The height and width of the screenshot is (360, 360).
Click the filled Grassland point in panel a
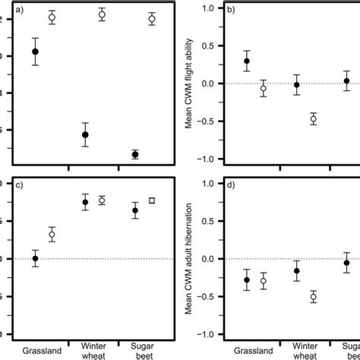coord(35,52)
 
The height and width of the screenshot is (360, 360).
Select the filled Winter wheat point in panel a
coord(85,134)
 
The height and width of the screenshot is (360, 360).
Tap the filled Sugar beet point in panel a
coord(135,154)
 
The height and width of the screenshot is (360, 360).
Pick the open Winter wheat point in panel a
coord(102,14)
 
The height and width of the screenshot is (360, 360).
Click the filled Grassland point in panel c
coord(35,259)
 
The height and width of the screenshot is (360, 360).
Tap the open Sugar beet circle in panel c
coord(152,201)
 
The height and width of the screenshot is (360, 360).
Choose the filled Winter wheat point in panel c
coord(85,202)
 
